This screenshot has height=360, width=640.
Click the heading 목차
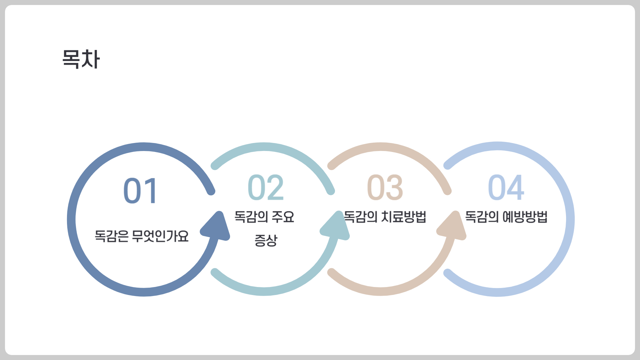[81, 59]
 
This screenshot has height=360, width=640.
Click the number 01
[140, 191]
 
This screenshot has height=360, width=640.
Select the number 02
[266, 187]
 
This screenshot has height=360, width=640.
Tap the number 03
[385, 187]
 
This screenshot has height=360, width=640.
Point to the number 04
[506, 187]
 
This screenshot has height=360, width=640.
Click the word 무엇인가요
[160, 236]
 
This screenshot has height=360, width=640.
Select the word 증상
[266, 240]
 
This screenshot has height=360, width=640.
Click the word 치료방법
[404, 217]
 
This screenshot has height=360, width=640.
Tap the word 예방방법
[525, 217]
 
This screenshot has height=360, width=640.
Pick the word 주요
[283, 217]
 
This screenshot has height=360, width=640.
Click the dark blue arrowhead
[216, 227]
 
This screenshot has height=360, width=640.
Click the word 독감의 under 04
[482, 217]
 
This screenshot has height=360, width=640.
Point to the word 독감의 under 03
[361, 217]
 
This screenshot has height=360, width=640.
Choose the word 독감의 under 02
[251, 217]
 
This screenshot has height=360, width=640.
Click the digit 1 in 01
[150, 191]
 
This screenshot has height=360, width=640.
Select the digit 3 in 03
[394, 187]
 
